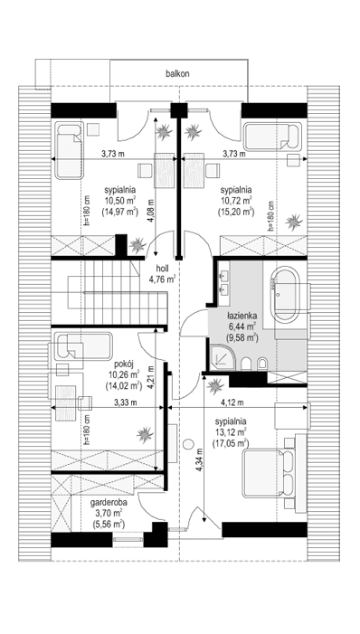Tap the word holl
tap(164, 269)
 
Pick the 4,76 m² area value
tap(163, 280)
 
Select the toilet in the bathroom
tap(260, 365)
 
